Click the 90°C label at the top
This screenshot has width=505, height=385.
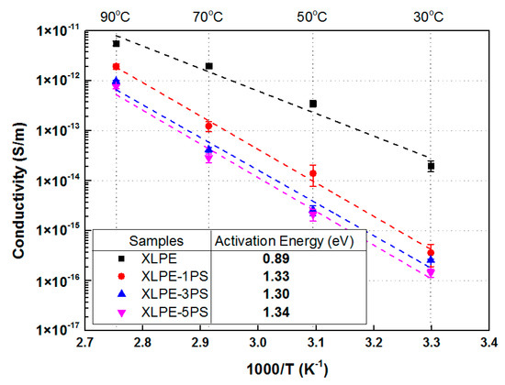tap(115, 16)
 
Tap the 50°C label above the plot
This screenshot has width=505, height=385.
tap(312, 16)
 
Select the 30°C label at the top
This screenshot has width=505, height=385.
tap(429, 16)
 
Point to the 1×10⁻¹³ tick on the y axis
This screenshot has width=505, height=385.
tap(59, 129)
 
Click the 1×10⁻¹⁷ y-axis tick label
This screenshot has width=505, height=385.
tap(59, 329)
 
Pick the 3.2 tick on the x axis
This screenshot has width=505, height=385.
tap(374, 343)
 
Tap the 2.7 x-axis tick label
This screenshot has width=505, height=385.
tap(85, 343)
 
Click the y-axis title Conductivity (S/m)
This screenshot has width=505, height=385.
tap(18, 190)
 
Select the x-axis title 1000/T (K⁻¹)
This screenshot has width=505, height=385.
tap(287, 369)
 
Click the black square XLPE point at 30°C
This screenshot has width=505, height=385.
tap(431, 166)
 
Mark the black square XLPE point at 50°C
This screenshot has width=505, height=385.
tap(313, 104)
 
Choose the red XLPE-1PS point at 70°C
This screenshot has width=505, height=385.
tap(208, 126)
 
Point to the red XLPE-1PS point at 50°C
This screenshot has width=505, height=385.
tap(313, 173)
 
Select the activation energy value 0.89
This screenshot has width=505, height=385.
tap(276, 258)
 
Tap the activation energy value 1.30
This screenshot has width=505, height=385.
tap(276, 294)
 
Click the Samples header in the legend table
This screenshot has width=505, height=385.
tap(156, 241)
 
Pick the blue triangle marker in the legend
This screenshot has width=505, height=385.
tap(121, 293)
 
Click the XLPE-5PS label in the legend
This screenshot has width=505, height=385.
tap(174, 312)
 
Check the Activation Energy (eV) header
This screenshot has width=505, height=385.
tap(285, 241)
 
